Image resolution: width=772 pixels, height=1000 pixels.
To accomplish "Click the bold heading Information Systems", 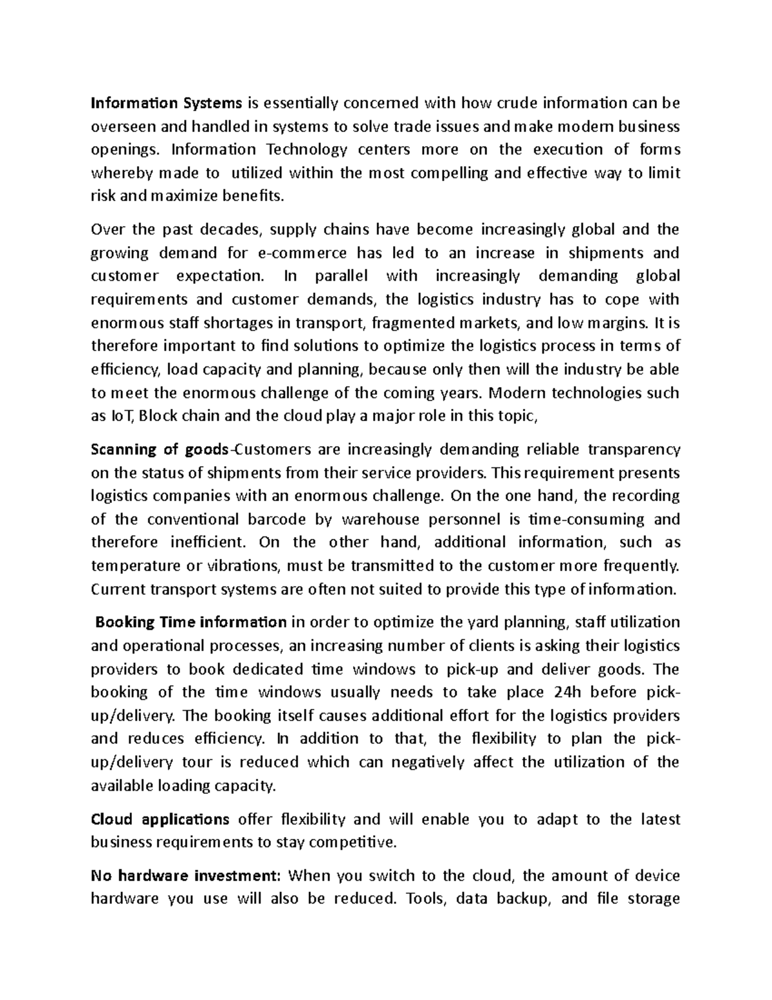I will (x=167, y=103).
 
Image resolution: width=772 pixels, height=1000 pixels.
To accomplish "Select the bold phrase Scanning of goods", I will (x=160, y=449).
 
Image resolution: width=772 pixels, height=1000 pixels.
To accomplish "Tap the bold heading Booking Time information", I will (x=191, y=623).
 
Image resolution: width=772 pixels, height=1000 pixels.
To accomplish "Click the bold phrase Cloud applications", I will (x=160, y=820).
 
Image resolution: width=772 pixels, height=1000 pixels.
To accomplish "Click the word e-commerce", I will (x=302, y=253).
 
